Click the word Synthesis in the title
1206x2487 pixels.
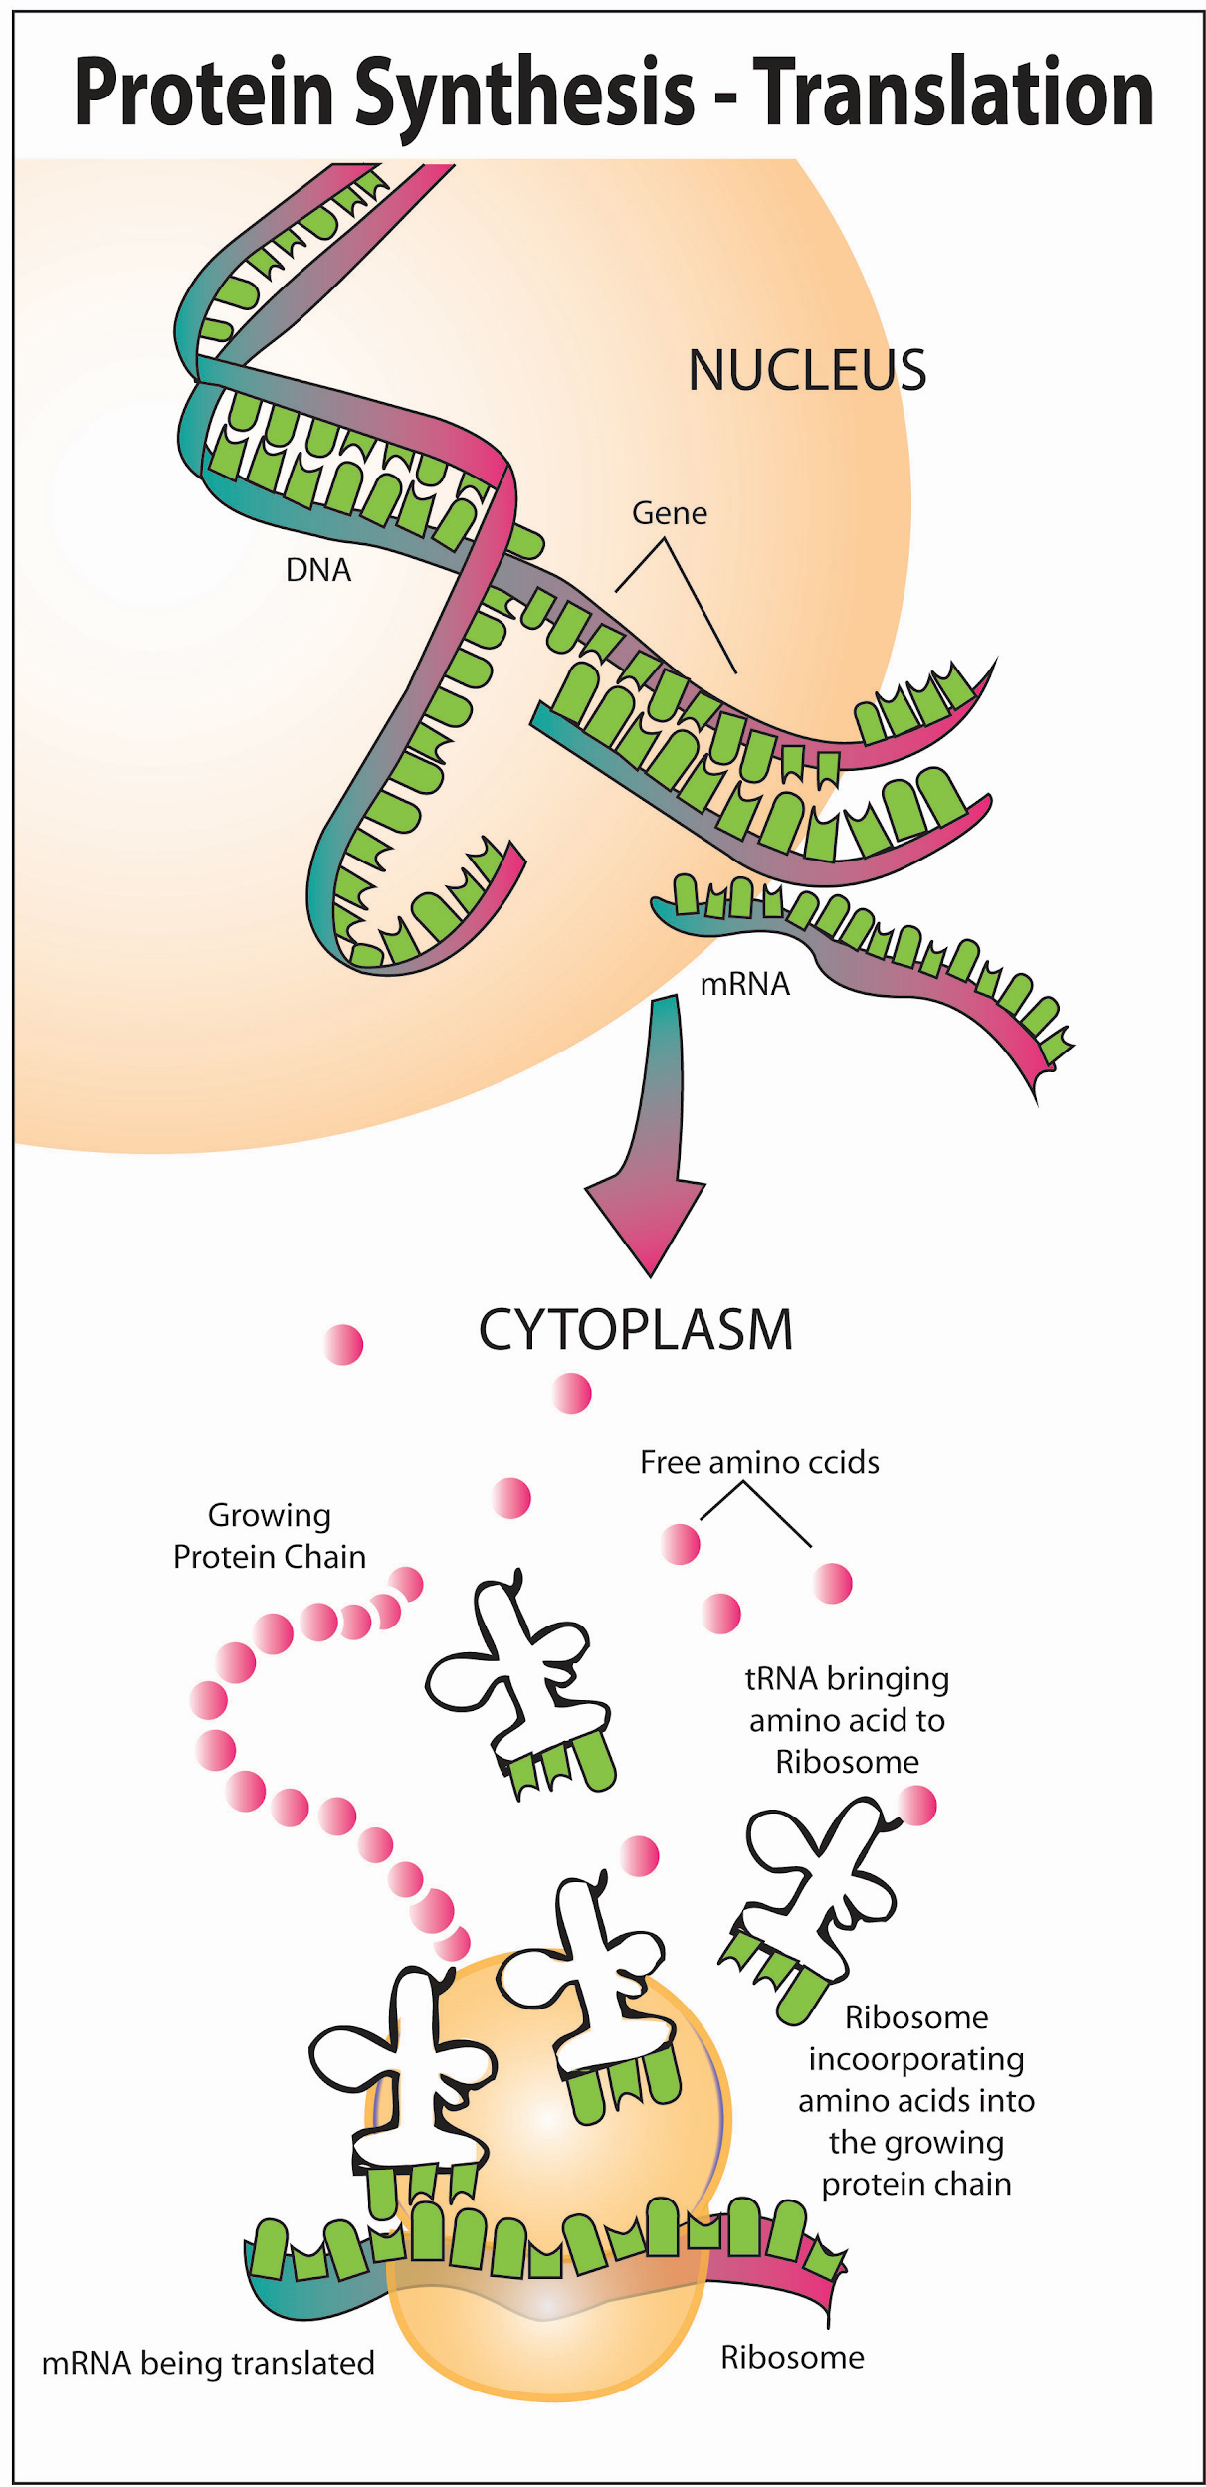[x=523, y=95]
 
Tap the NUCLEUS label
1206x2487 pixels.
[x=807, y=370]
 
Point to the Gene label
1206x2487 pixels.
[x=669, y=513]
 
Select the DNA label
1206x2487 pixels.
[x=317, y=570]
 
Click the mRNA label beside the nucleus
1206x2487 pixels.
[x=744, y=984]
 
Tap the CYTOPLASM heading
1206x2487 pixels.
[x=636, y=1329]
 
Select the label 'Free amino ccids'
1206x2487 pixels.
[x=759, y=1462]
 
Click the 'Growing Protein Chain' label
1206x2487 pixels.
[x=270, y=1536]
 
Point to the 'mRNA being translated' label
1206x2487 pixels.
[x=208, y=2363]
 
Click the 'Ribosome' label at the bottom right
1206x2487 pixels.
[x=792, y=2357]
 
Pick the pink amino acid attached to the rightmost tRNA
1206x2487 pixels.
[x=916, y=1806]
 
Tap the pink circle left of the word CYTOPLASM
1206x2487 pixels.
[x=343, y=1345]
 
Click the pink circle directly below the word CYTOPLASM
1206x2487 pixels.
[x=572, y=1393]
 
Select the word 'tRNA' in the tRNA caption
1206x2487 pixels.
[x=781, y=1679]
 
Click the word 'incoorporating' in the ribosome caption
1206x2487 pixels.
[x=915, y=2059]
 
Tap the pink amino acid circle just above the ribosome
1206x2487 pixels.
[x=639, y=1856]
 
